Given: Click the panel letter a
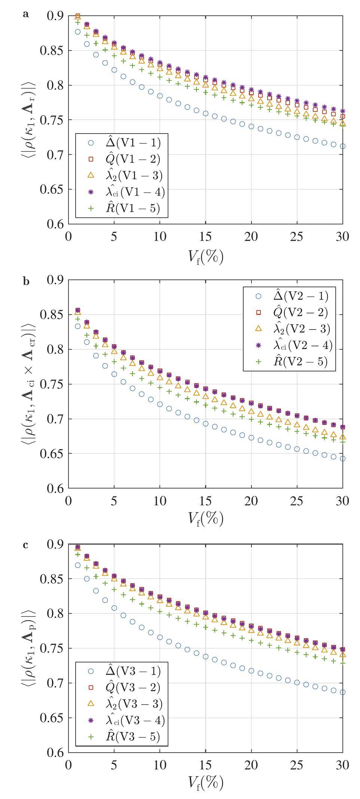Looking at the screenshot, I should point(25,14).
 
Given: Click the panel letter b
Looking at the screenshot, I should point(26,281).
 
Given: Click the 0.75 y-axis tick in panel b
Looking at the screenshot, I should point(52,384).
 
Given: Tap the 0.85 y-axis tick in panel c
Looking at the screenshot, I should point(52,579).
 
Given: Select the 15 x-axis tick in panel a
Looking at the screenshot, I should point(205,236).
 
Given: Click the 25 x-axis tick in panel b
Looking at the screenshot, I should point(297,501).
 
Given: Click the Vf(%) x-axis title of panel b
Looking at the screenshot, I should point(205,518).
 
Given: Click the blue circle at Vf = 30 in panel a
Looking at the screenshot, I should point(342,146).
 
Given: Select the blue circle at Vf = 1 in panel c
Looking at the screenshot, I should point(78,565).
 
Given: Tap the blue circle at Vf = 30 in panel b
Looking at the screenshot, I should point(342,458).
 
